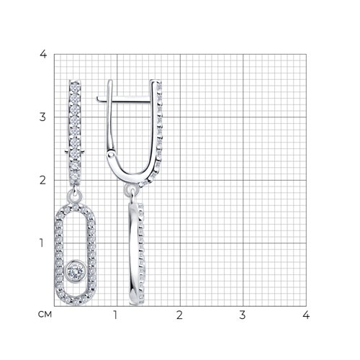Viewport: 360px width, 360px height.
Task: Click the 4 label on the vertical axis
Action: (x=43, y=55)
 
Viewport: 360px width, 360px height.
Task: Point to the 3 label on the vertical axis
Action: (x=42, y=117)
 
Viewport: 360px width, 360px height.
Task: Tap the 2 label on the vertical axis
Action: (x=42, y=180)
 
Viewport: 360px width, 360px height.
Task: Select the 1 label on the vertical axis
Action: (x=42, y=243)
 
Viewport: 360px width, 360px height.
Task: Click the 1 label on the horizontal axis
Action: (x=115, y=315)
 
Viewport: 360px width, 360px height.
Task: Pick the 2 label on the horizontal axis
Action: (x=179, y=315)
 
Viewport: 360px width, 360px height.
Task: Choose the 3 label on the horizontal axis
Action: (x=243, y=315)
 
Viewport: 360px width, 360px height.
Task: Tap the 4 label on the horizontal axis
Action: (x=306, y=315)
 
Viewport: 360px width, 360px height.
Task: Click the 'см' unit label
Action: (x=45, y=315)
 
